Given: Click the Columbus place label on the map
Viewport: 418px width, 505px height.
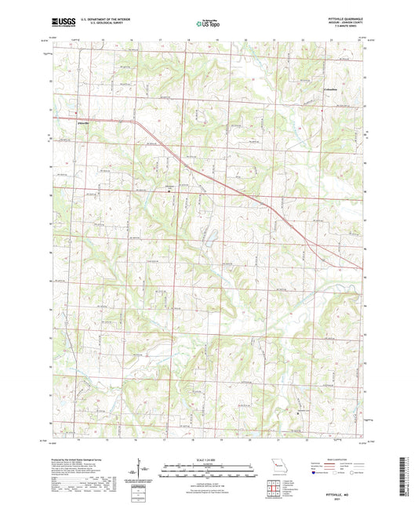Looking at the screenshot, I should pyautogui.click(x=331, y=90).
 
